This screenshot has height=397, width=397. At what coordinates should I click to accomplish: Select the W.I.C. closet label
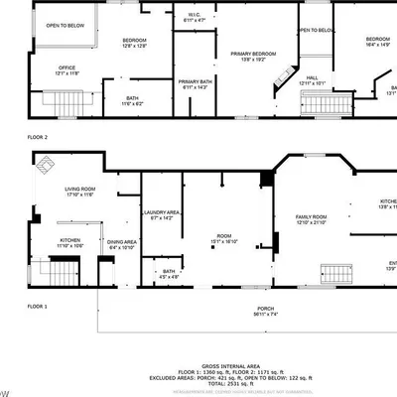(195, 17)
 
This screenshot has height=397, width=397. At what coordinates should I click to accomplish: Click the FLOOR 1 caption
(37, 307)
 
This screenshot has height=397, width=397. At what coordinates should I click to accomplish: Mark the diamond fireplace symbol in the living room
(45, 168)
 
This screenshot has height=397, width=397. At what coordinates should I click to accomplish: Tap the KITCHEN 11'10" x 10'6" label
(70, 242)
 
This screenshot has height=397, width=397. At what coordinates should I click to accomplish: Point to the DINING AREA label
(122, 244)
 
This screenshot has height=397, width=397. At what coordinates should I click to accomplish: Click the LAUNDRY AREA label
(159, 213)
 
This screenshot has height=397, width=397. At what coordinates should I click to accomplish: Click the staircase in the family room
(334, 275)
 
